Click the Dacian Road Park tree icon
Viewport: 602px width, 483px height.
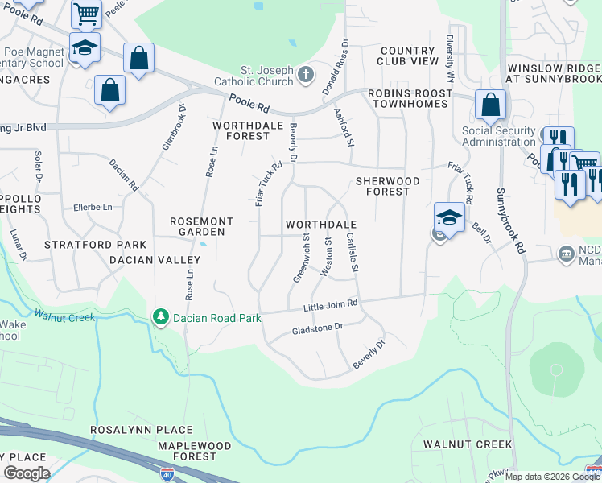click(162, 318)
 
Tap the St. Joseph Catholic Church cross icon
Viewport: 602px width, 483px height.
click(305, 76)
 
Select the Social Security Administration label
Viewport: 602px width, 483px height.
click(499, 136)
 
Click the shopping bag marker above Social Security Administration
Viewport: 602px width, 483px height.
click(490, 105)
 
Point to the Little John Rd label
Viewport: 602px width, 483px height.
click(330, 307)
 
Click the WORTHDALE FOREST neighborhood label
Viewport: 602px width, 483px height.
click(241, 131)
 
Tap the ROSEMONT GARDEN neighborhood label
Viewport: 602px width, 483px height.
click(201, 226)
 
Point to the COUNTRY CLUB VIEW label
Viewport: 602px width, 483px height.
click(410, 56)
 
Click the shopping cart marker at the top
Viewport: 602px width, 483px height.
click(86, 14)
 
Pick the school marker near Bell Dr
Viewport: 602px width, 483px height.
click(449, 217)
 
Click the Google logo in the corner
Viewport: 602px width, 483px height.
click(26, 473)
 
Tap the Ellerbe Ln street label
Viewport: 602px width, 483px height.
click(93, 206)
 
